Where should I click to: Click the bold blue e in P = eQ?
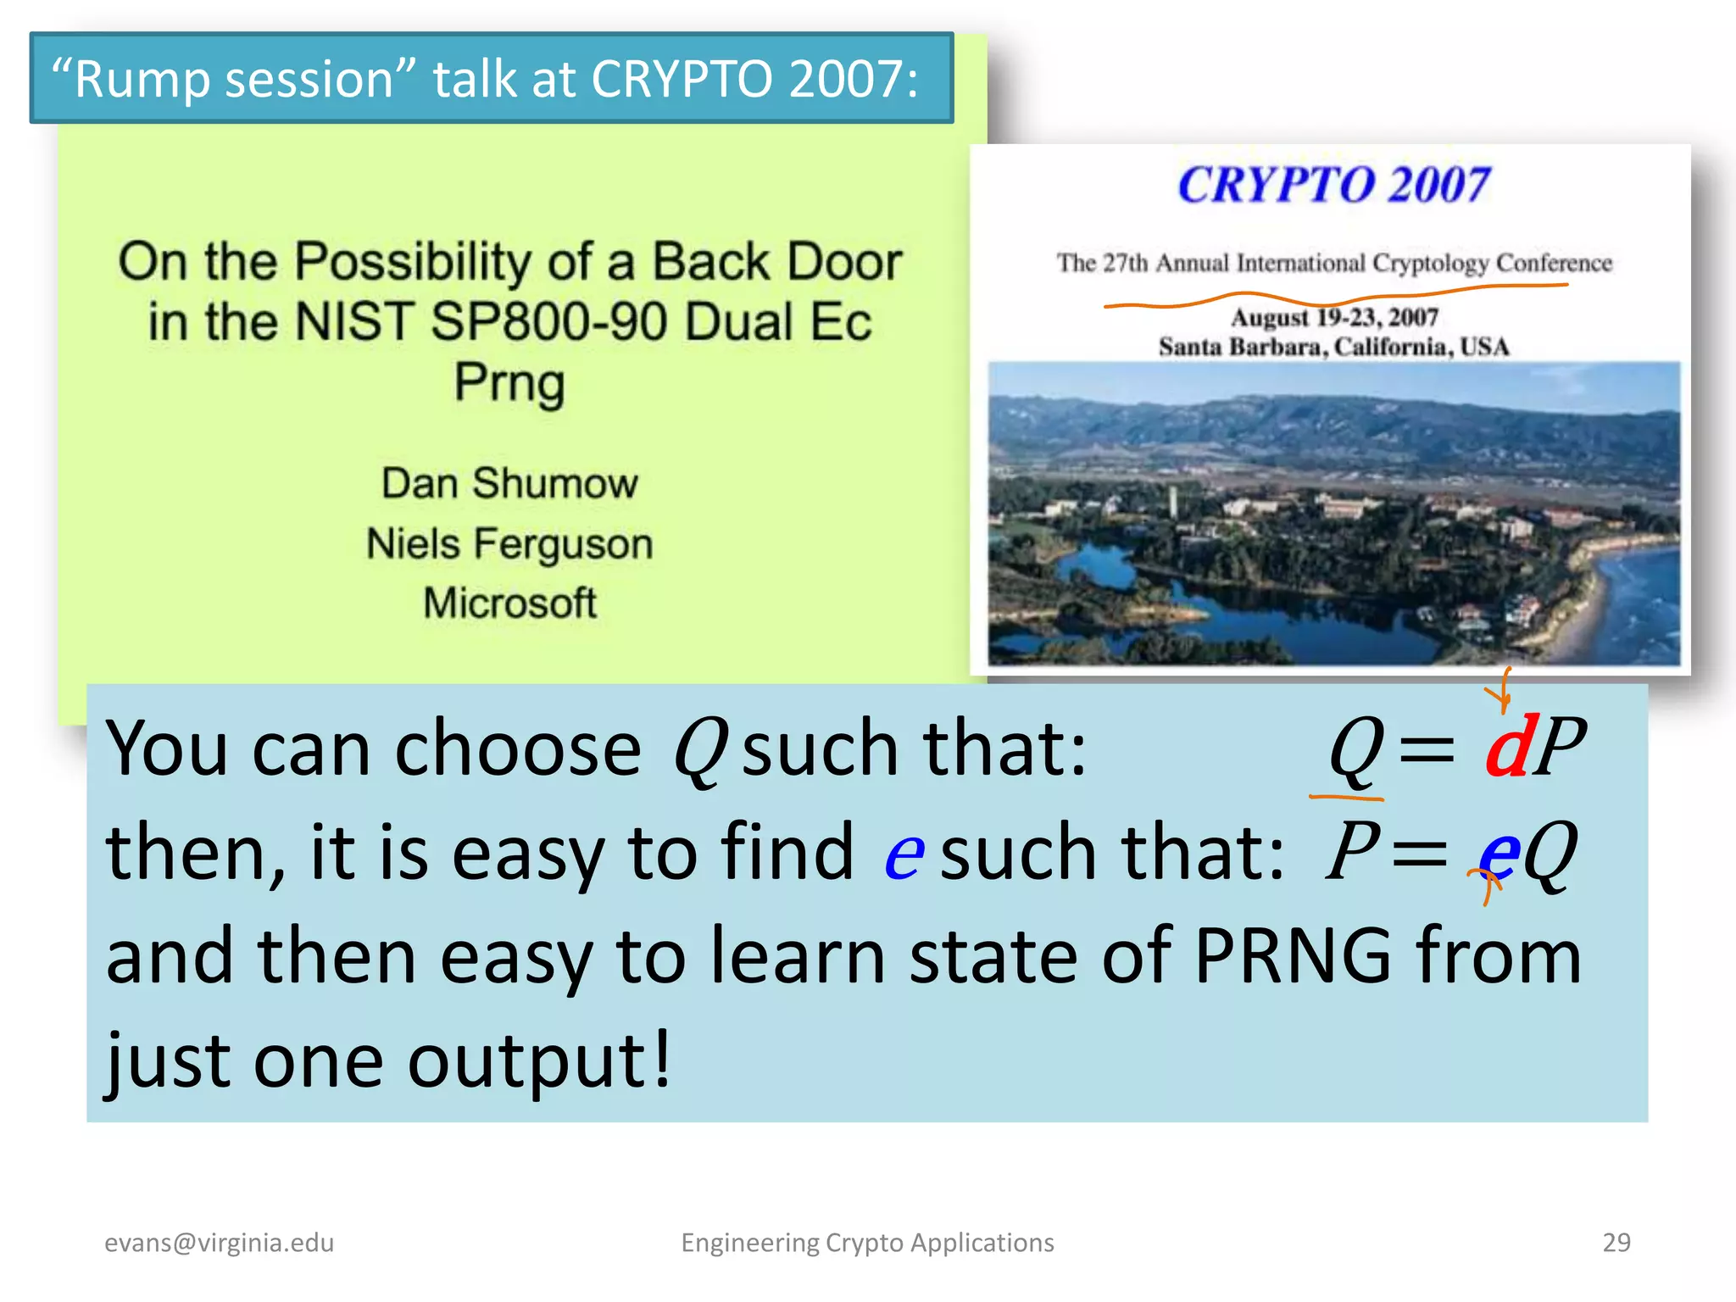tap(1499, 853)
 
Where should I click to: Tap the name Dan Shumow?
tap(509, 484)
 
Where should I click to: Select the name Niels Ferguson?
tap(509, 544)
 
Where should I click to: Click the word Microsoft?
tap(509, 604)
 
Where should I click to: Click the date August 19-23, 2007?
tap(1334, 317)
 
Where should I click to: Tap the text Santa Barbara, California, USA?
tap(1333, 347)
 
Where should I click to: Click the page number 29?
tap(1616, 1242)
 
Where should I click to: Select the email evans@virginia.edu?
tap(219, 1242)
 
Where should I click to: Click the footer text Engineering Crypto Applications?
tap(867, 1242)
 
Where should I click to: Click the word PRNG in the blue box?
tap(1293, 956)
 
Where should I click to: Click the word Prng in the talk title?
tap(509, 382)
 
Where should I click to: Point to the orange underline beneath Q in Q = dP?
tap(1346, 797)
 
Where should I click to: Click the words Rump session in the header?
tap(234, 79)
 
